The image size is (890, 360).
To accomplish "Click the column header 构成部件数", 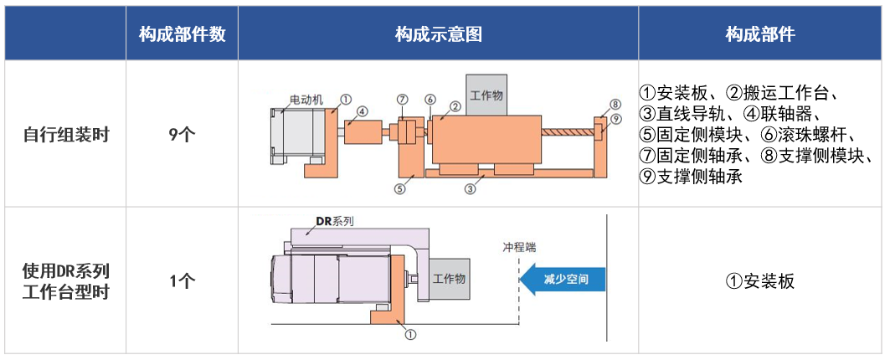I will point(182,34).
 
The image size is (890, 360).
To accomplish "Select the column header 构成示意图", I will point(438,34).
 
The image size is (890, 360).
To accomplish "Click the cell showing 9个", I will point(182,134).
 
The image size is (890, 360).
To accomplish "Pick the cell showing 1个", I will point(182,281).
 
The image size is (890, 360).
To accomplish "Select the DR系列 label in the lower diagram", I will point(334,222).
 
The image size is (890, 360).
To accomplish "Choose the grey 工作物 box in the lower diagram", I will point(449,278).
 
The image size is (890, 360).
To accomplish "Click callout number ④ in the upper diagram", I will point(362,111).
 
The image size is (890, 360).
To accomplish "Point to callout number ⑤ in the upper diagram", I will point(399,189).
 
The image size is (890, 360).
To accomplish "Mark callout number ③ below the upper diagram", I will point(470,190).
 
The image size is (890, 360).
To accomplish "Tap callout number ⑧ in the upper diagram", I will point(615,105).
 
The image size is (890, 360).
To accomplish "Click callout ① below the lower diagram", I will point(409,334).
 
